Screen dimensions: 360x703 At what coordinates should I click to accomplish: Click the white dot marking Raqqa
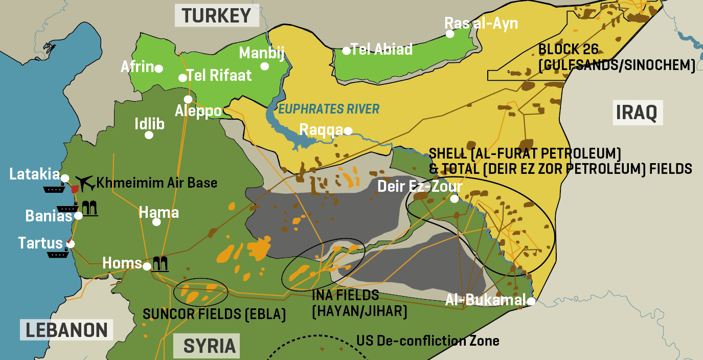tap(348, 131)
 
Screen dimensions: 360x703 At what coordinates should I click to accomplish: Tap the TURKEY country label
tap(216, 16)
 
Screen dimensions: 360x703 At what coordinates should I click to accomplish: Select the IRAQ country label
tap(637, 112)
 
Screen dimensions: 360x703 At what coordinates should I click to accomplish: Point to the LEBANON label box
tap(66, 330)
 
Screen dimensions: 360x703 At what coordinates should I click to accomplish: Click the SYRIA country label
tap(210, 346)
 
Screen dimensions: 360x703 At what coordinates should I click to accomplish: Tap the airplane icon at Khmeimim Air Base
tap(85, 182)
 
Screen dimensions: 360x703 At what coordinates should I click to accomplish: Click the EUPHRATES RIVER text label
tap(329, 109)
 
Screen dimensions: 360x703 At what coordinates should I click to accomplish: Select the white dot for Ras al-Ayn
tap(450, 34)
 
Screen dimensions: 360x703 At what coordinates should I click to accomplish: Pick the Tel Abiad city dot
tap(346, 51)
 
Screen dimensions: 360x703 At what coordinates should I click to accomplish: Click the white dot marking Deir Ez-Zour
tap(454, 199)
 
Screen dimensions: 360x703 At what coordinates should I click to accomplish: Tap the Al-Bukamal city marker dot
tap(531, 301)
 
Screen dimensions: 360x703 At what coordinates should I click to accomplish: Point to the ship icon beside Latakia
tap(53, 189)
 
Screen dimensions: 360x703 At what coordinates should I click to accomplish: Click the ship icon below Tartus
tap(58, 254)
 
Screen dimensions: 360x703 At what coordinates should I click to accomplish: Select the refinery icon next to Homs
tap(161, 264)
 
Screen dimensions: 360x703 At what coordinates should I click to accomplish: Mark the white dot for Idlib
tap(149, 135)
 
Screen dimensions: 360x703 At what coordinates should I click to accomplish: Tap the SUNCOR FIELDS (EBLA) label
tap(214, 313)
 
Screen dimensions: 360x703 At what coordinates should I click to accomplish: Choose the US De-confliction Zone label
tap(427, 341)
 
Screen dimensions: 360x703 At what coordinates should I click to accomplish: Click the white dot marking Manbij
tap(264, 66)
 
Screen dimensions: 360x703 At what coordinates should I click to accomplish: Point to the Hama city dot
tap(156, 222)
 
